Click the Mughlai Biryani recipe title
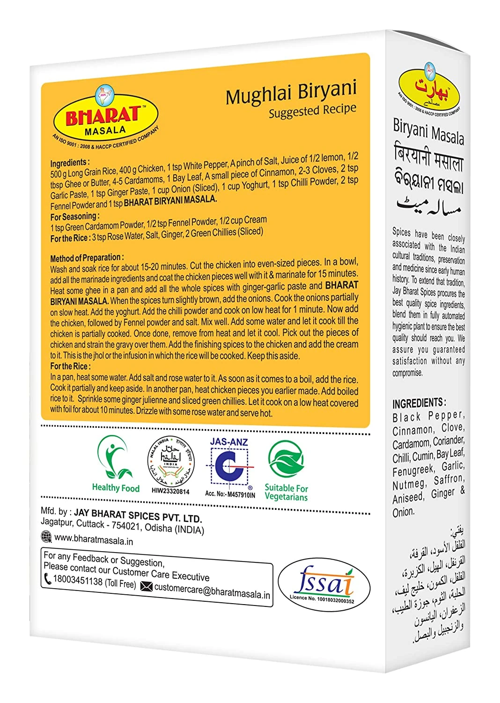[x=291, y=92]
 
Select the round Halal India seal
[x=170, y=462]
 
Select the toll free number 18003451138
[x=78, y=581]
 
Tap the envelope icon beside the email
[x=147, y=586]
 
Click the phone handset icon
[x=47, y=579]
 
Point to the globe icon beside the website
[x=46, y=536]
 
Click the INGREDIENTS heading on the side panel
[x=419, y=403]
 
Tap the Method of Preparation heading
[x=87, y=258]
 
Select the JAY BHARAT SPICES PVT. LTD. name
[x=138, y=516]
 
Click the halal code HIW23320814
[x=170, y=491]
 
